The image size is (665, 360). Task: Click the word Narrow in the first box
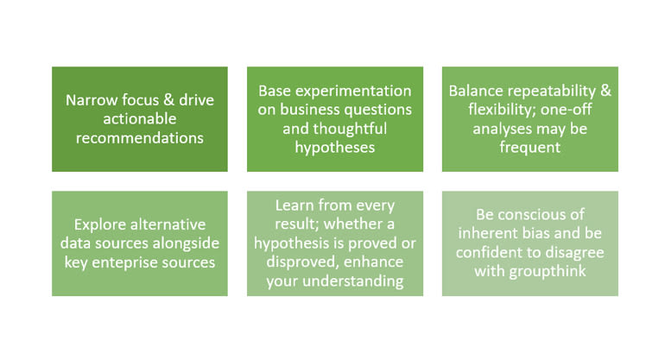coord(91,100)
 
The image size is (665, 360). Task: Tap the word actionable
coord(140,119)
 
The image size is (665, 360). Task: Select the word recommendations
coord(140,138)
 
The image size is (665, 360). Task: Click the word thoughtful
coord(334,129)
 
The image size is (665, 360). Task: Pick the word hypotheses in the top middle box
coord(334,148)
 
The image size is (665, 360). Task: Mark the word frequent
coord(529,148)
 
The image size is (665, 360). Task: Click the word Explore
coord(98,224)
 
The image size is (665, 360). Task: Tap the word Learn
coord(294,205)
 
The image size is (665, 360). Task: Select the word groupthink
coord(548,271)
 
